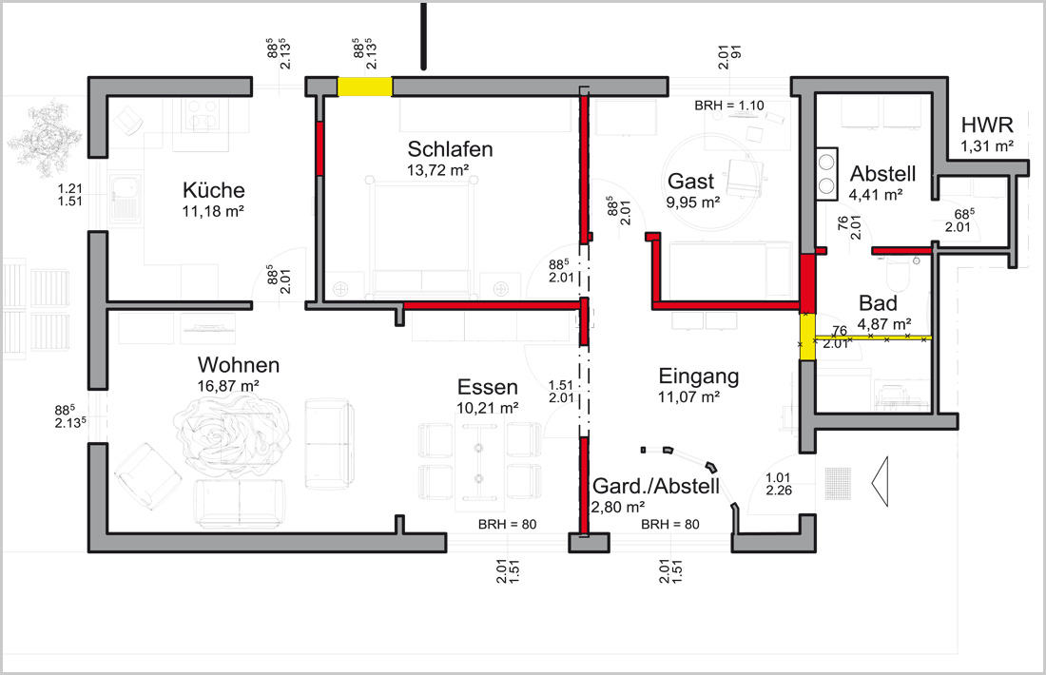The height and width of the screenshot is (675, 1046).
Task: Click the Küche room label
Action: tap(213, 190)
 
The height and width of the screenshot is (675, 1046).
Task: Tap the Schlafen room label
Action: tap(451, 148)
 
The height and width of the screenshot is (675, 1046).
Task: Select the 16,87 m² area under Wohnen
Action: tap(228, 386)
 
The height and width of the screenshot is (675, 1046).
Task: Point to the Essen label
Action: tap(488, 387)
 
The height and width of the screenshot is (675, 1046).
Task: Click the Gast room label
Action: tap(691, 181)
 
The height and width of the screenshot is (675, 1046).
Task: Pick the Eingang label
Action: tap(699, 376)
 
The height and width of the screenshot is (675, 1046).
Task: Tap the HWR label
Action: tap(987, 125)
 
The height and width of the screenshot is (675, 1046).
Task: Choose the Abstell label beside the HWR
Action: tap(882, 174)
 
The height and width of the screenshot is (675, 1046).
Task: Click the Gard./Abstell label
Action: tap(656, 486)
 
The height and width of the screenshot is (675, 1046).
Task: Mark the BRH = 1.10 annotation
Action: tap(729, 106)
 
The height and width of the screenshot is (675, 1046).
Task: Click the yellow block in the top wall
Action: tap(364, 87)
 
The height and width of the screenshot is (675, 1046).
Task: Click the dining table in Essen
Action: tap(479, 463)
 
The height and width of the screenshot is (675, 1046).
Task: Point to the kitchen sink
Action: tap(125, 198)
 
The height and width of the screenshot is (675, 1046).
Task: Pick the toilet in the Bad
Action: tap(899, 275)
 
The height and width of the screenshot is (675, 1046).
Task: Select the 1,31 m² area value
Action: tap(987, 145)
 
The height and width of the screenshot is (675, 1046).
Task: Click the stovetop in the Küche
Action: tap(202, 115)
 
